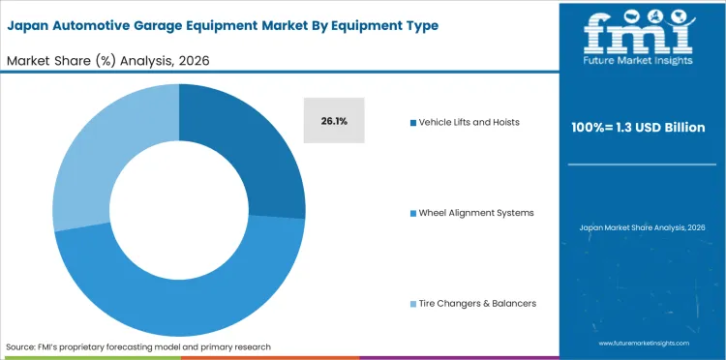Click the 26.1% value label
coord(334,122)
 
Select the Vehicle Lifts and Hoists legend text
coord(469,122)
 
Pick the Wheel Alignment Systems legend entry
coord(475,212)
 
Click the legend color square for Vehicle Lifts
coord(412,122)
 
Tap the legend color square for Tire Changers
coord(412,303)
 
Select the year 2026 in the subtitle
coord(192,60)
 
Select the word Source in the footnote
coord(21,345)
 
